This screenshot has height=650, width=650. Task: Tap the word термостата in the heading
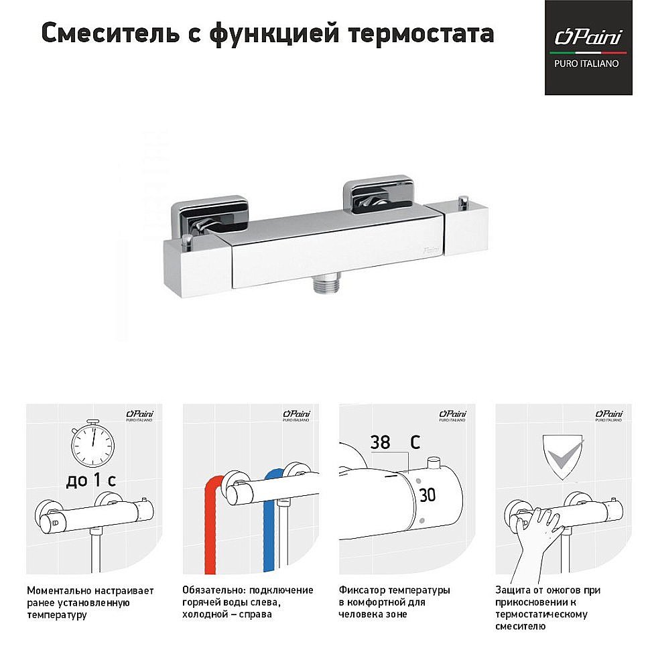coord(423,33)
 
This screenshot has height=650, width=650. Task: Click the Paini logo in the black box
coord(588,37)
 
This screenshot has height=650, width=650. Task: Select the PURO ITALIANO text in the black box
coord(588,64)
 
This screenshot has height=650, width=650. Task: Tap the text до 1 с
coord(92,480)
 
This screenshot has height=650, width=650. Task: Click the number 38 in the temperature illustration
coord(380,443)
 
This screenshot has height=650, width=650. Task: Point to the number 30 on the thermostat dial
coord(427,495)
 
